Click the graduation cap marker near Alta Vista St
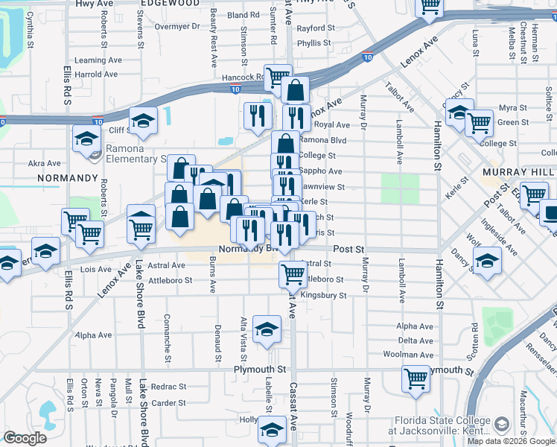point(267,329)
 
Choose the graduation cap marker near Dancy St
point(487,262)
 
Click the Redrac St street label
point(168,387)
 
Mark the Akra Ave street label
point(44,163)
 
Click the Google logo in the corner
point(25,438)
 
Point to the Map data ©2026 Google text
point(510,441)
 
